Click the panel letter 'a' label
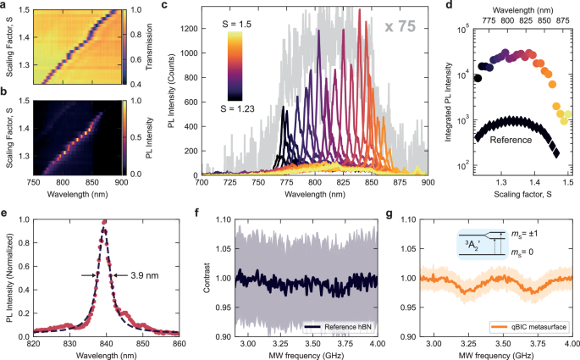[6, 6]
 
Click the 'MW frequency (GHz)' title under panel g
[487, 354]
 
